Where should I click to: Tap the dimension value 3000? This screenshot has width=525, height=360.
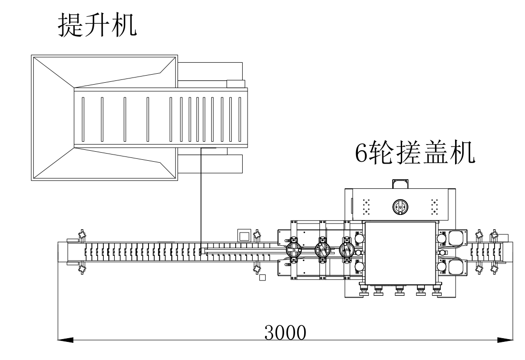(x=285, y=332)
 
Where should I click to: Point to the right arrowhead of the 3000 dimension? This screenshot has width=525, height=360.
(x=505, y=340)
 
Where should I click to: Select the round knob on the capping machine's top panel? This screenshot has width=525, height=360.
(x=400, y=206)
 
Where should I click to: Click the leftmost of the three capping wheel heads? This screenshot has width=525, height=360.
(x=294, y=250)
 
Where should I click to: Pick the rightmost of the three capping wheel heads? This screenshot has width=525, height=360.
(x=348, y=249)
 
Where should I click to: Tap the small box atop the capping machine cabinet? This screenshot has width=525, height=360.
(x=400, y=184)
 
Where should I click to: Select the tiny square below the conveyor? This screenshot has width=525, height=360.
(x=261, y=277)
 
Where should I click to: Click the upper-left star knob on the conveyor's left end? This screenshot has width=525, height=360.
(x=82, y=234)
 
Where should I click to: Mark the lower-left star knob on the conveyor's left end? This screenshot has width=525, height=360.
(x=82, y=269)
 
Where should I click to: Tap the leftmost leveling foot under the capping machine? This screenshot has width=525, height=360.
(x=363, y=291)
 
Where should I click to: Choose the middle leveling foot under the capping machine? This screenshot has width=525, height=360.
(x=399, y=291)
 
